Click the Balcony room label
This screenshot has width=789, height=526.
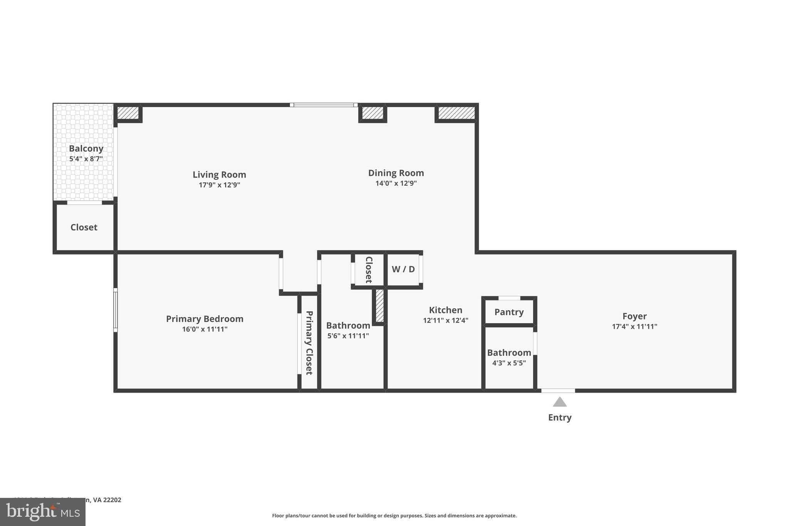coord(86,148)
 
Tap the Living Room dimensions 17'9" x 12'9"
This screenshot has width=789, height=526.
coord(219,185)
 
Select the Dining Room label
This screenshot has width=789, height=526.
coord(396,173)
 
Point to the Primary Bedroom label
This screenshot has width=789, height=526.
coord(205,319)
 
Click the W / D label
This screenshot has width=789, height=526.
coord(403,269)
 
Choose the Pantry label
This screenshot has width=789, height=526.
coord(509,312)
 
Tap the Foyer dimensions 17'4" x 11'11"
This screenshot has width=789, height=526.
coord(634,326)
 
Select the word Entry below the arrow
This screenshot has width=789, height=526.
coord(559,417)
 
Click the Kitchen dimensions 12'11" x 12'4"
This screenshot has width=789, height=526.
coord(445,320)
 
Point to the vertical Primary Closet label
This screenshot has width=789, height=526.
coord(309,343)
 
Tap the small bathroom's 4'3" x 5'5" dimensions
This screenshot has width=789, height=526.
coord(509,363)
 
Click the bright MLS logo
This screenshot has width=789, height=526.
coord(43,512)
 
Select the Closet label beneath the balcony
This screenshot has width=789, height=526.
coord(84,227)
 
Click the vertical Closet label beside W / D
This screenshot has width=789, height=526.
coord(369,270)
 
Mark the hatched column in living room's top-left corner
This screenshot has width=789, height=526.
coord(128,113)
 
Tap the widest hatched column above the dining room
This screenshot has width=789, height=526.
coord(457,113)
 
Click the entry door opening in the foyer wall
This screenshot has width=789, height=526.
coord(558,391)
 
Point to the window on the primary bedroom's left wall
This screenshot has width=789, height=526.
coord(115,310)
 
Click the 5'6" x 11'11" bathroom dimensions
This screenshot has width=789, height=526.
coord(348,336)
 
